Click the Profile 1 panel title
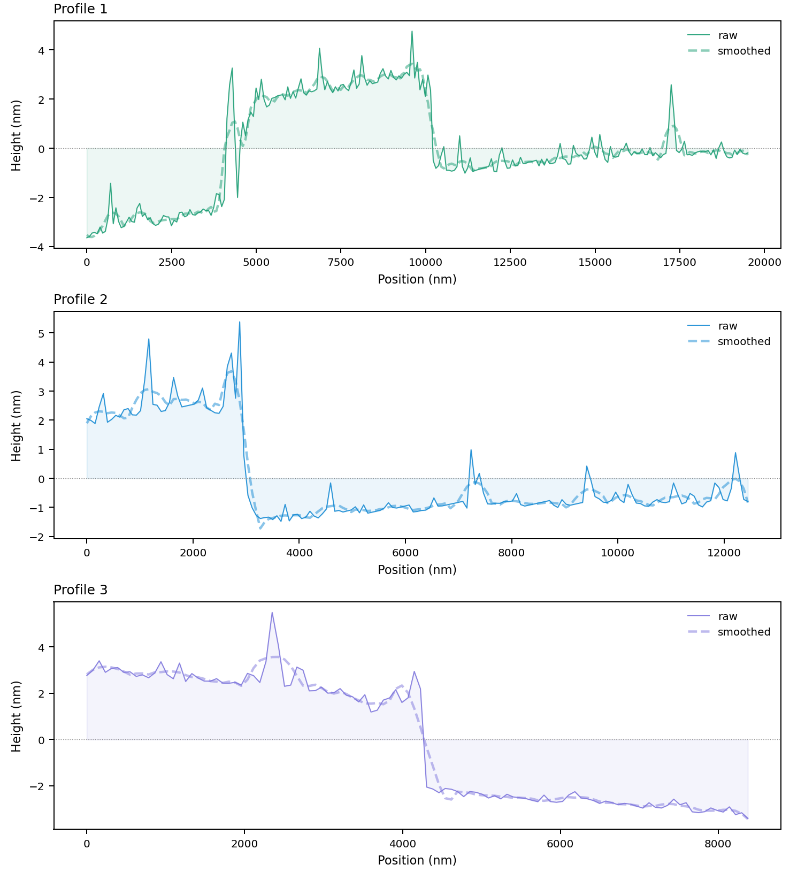point(80,9)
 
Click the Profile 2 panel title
point(80,300)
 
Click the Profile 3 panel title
point(80,590)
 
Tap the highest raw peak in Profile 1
point(412,32)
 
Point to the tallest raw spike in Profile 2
point(240,322)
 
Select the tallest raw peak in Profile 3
point(272,613)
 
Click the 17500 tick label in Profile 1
point(679,263)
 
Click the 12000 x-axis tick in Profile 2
point(724,553)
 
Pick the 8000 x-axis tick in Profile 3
point(718,844)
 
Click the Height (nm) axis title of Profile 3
point(17,716)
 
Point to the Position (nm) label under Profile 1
point(417,279)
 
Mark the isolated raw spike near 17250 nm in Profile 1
point(671,85)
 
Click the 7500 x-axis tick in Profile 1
point(341,263)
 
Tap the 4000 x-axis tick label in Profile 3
point(402,844)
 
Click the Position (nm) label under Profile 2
point(417,570)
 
